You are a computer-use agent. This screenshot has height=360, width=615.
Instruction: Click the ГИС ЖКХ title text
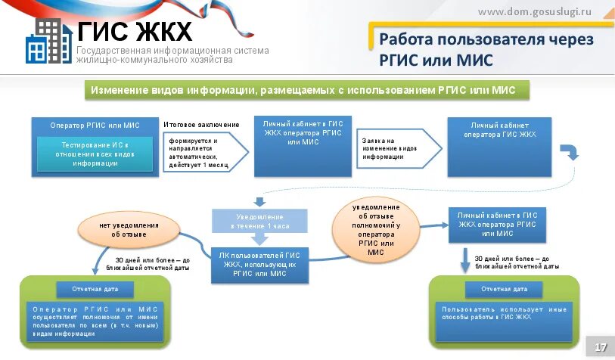[135, 33]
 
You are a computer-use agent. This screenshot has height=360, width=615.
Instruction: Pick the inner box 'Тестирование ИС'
[95, 154]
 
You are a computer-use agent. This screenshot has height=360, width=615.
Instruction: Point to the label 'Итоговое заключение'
[201, 124]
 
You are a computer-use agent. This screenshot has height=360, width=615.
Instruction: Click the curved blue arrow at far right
[573, 151]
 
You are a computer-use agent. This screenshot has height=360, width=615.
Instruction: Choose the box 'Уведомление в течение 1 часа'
[259, 222]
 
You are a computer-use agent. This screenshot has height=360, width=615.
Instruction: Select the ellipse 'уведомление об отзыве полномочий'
[376, 229]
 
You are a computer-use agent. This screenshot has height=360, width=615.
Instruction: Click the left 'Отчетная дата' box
[95, 289]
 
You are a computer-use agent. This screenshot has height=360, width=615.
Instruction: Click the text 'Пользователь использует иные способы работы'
[505, 312]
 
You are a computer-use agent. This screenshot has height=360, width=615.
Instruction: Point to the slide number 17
[601, 347]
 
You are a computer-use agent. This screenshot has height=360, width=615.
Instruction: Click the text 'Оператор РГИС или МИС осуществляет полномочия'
[95, 321]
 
